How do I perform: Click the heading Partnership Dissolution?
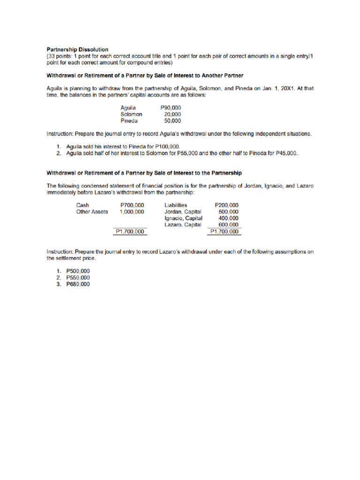[77, 49]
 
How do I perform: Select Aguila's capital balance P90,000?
[171, 108]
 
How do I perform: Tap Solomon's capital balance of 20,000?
[172, 114]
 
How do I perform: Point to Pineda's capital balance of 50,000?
[172, 120]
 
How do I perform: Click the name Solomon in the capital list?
[131, 114]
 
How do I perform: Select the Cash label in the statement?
[82, 205]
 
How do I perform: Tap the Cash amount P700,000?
[132, 205]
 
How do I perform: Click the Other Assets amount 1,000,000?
[132, 211]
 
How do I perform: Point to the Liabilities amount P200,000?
[226, 205]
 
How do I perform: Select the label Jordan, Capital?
[183, 211]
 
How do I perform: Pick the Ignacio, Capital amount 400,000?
[228, 218]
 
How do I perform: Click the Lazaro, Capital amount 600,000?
[228, 225]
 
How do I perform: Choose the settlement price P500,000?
[78, 271]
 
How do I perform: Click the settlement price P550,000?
[78, 277]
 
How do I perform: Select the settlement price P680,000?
[78, 284]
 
